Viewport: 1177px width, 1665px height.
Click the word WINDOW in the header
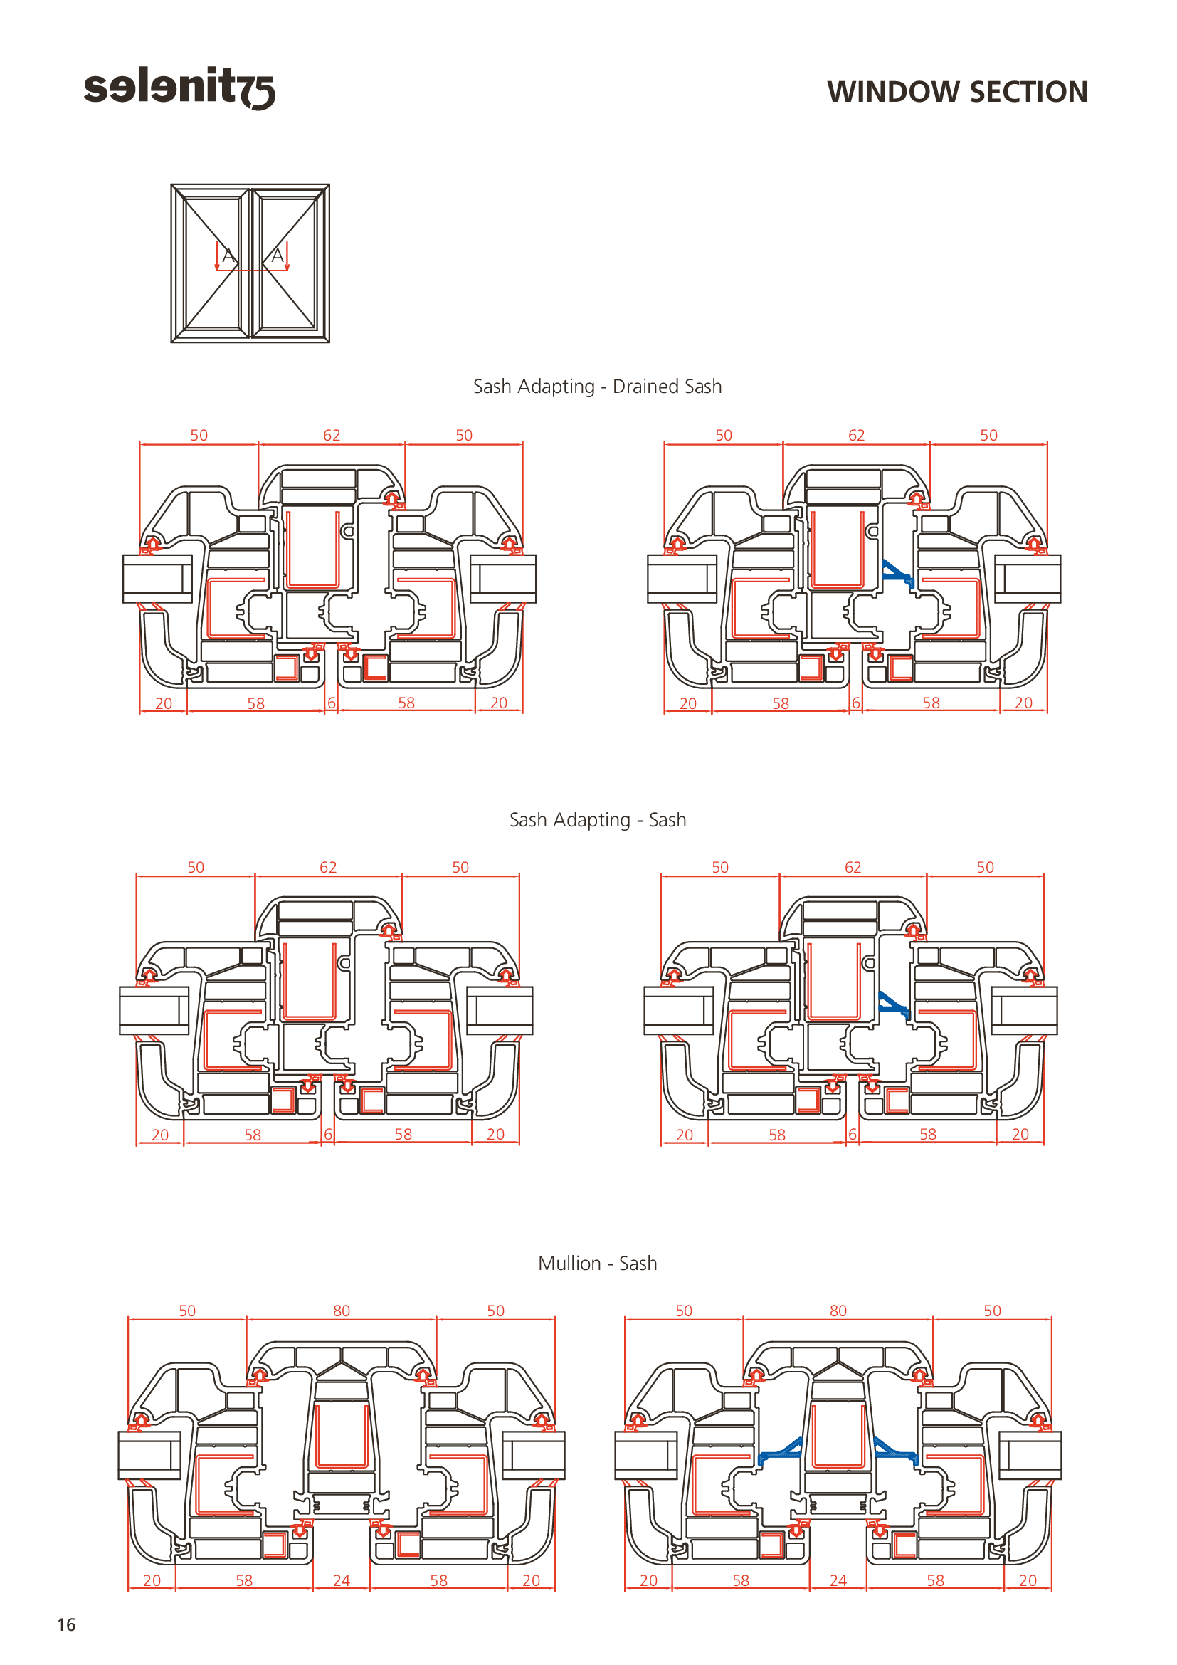click(894, 92)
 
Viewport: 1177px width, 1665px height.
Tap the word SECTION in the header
click(1028, 92)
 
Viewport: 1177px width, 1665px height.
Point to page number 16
click(67, 1624)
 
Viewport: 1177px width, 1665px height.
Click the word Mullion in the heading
click(570, 1264)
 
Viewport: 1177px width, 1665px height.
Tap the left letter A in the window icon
click(228, 256)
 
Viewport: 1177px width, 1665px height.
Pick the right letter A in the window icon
click(278, 256)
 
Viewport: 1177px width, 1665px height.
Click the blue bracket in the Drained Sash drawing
click(896, 572)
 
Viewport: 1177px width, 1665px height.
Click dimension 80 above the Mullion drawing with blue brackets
click(838, 1311)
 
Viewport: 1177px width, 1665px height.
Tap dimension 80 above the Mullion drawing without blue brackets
click(342, 1311)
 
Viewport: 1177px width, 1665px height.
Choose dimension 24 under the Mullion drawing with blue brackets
click(838, 1580)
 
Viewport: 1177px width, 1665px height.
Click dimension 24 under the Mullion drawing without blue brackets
click(342, 1580)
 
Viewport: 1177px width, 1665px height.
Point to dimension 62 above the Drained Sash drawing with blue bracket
click(857, 435)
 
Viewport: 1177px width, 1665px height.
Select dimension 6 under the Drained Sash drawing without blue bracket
click(332, 703)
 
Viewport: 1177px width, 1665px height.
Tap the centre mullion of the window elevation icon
click(250, 263)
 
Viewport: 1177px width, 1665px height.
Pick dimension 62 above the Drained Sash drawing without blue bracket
click(332, 435)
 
